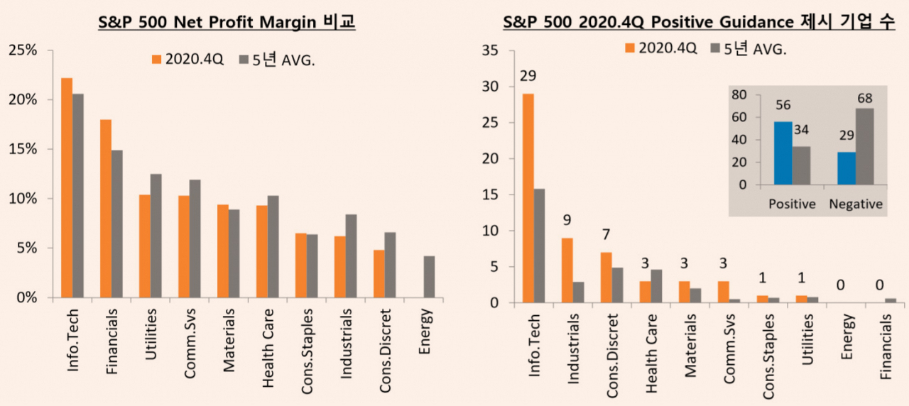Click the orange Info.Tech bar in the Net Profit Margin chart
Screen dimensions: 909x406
(x=67, y=188)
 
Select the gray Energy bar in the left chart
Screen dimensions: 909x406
(x=429, y=277)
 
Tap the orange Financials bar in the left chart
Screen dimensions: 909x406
(x=106, y=209)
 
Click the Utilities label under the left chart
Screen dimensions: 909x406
(x=151, y=334)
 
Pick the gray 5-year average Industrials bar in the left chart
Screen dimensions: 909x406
(x=351, y=256)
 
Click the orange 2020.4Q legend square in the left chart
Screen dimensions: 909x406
(x=157, y=59)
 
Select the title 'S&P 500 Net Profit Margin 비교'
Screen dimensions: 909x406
(x=227, y=21)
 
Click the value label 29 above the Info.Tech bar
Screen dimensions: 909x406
(x=528, y=76)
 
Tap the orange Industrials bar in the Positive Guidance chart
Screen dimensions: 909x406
(x=567, y=270)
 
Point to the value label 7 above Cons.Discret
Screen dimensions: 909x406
(x=606, y=234)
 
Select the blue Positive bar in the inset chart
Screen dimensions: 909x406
(x=783, y=153)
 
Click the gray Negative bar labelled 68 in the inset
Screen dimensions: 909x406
(x=865, y=146)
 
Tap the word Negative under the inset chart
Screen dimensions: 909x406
(x=856, y=204)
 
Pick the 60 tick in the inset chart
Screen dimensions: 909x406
(x=739, y=117)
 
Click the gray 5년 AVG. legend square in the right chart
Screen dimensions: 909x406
(x=715, y=48)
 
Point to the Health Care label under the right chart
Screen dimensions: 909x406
(x=651, y=353)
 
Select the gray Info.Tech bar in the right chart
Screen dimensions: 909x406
(x=539, y=246)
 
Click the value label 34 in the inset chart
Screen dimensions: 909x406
(x=802, y=130)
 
